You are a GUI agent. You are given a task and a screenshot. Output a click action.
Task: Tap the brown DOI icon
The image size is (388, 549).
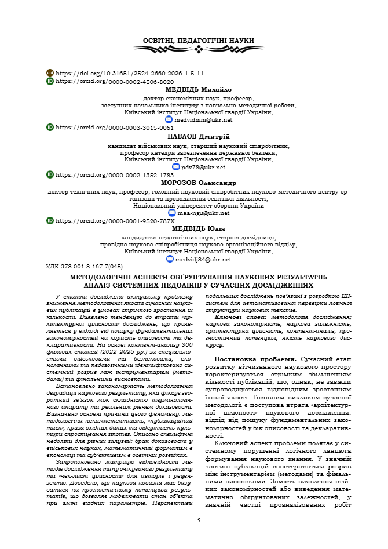pyautogui.click(x=50, y=73)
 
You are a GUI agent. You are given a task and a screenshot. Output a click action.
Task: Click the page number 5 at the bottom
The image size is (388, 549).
pyautogui.click(x=198, y=521)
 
